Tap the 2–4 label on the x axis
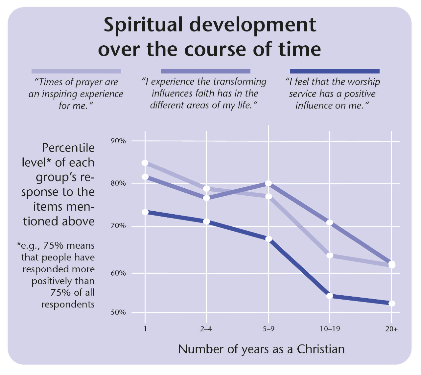[206, 329]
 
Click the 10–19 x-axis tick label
[330, 329]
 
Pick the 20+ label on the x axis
[391, 329]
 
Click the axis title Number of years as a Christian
[261, 349]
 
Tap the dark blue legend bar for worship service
[335, 71]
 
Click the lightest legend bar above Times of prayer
[76, 71]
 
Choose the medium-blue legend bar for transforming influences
[205, 71]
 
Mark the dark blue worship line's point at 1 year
[145, 212]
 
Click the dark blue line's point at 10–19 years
[330, 296]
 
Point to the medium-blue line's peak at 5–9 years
[269, 183]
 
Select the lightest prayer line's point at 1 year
[145, 163]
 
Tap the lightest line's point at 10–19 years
[330, 256]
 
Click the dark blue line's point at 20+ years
[391, 303]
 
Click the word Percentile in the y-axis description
[68, 148]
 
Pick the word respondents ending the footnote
[68, 304]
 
